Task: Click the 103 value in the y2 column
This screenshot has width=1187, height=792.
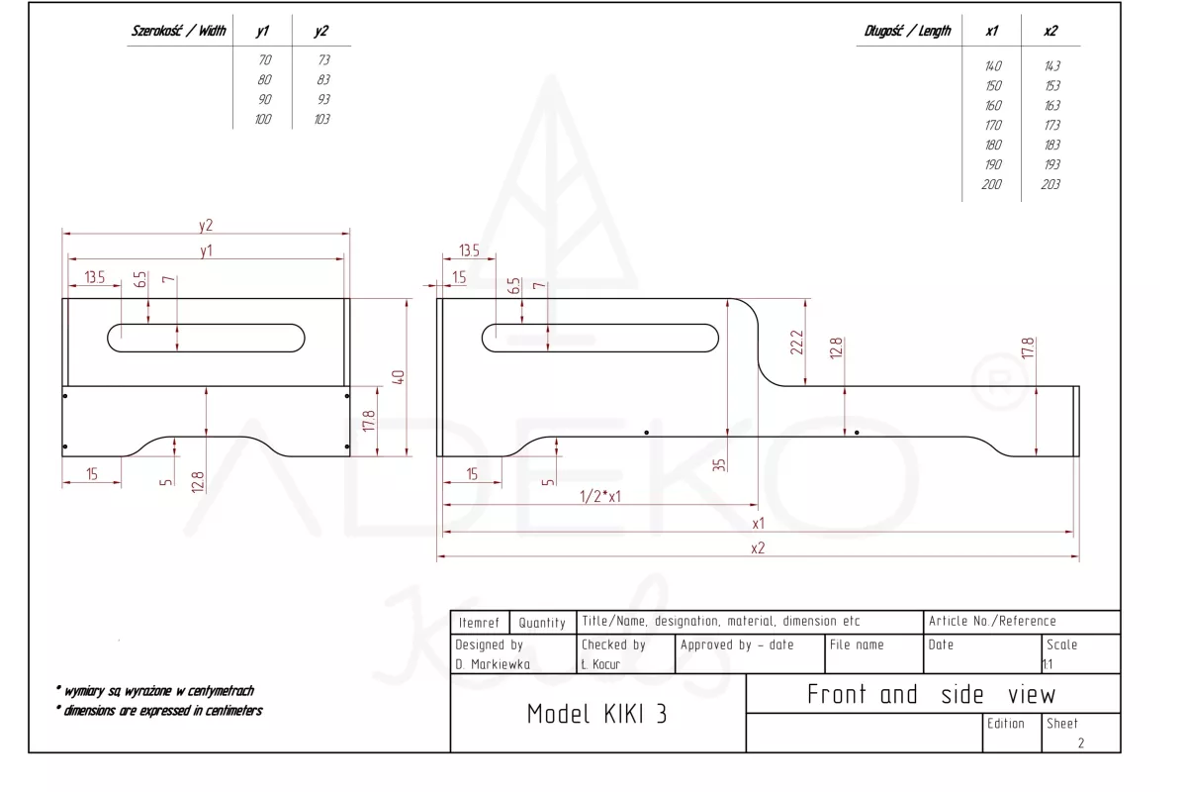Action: click(320, 120)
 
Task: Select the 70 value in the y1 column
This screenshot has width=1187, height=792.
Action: click(264, 60)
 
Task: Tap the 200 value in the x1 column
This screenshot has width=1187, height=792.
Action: click(991, 185)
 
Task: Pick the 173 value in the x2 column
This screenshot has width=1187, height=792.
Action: click(1051, 126)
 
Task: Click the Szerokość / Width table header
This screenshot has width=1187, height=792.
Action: click(179, 31)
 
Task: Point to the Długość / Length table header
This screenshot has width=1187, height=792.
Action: click(908, 31)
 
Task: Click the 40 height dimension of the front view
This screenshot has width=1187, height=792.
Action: click(400, 378)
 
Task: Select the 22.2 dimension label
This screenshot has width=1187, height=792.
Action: click(797, 343)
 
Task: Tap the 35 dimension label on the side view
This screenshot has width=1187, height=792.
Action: click(719, 463)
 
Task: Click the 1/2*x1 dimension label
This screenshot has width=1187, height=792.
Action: click(600, 497)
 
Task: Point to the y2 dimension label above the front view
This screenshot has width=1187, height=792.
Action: click(206, 225)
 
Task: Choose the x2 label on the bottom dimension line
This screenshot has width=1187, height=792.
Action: click(758, 547)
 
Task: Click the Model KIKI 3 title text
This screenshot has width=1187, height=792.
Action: click(596, 714)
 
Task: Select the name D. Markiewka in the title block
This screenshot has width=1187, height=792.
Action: click(493, 664)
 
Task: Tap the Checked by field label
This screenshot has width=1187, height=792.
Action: click(613, 644)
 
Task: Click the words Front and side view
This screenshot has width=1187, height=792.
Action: click(931, 694)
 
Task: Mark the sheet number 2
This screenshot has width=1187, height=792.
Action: click(1080, 742)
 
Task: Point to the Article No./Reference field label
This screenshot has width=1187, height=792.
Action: click(992, 622)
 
